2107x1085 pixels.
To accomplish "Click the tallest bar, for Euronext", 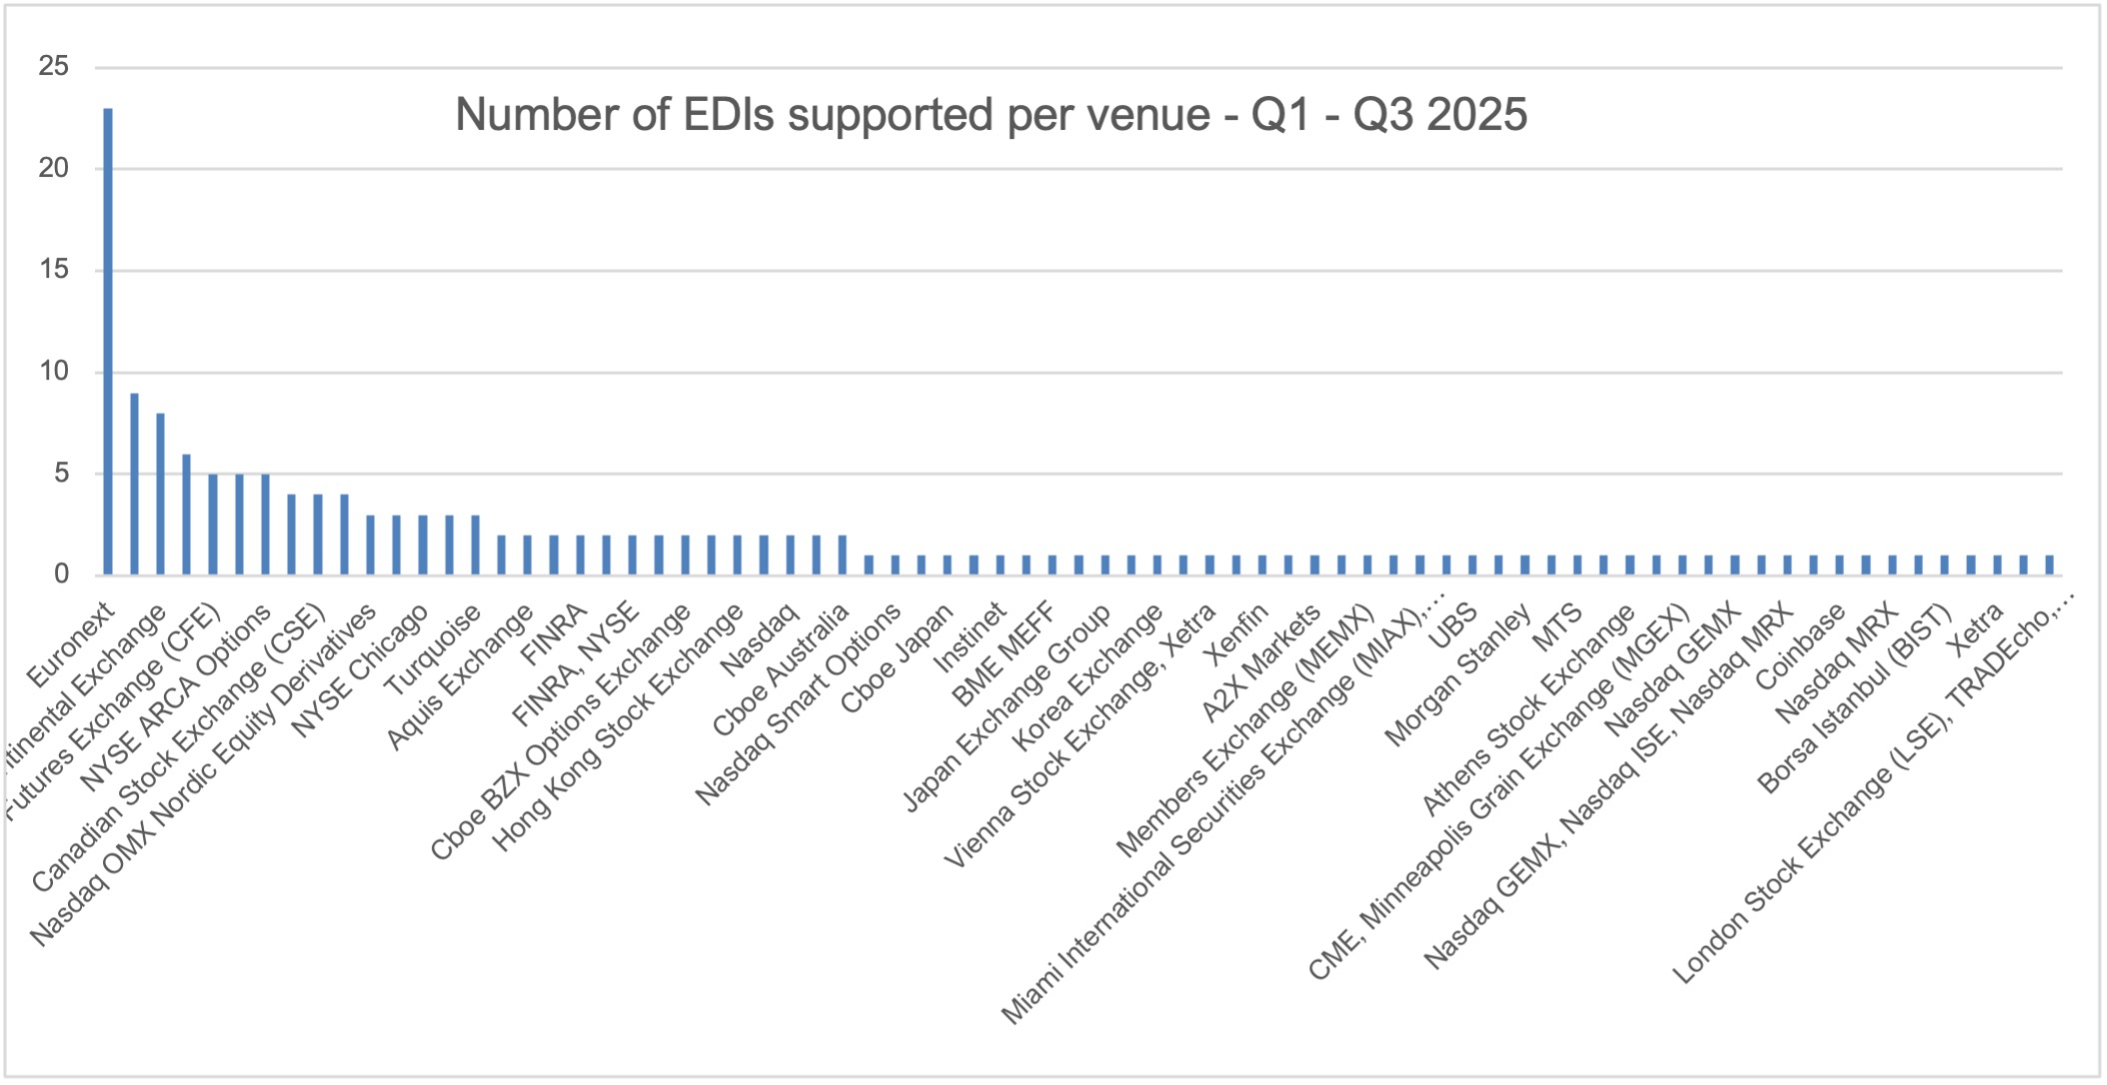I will tap(108, 340).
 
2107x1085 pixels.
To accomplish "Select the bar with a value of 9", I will tap(134, 485).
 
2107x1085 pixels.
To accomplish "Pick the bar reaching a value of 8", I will tap(160, 495).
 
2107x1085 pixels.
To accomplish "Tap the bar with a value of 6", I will tap(186, 515).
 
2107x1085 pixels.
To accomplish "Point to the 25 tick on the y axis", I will tap(54, 67).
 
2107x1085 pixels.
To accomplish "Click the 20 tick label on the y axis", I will tap(54, 168).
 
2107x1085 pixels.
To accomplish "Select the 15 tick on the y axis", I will tap(54, 270).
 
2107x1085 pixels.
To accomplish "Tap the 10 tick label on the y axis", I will tap(54, 372).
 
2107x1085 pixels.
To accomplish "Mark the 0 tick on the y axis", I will tap(62, 574).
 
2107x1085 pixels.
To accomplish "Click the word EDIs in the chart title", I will tap(729, 115).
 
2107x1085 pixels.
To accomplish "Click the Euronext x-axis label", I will tap(70, 646).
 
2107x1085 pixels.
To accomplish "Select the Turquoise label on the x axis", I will tap(432, 651).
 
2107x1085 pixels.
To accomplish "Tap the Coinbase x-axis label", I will tap(1799, 648).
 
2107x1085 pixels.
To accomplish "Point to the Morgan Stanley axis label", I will tap(1456, 676).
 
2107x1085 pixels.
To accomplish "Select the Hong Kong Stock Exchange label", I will tap(618, 729).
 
